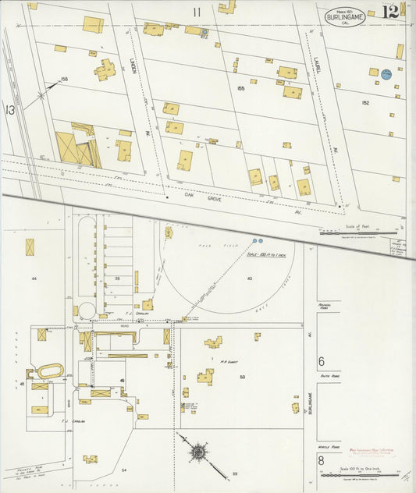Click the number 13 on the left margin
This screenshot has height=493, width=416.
pyautogui.click(x=10, y=110)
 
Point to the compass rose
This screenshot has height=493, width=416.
pyautogui.click(x=200, y=451)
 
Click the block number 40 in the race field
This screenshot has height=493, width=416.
pyautogui.click(x=250, y=278)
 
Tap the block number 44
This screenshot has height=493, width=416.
pyautogui.click(x=34, y=278)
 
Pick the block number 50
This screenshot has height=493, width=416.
pyautogui.click(x=242, y=378)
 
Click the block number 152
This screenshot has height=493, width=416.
pyautogui.click(x=364, y=102)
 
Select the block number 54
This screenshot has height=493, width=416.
pyautogui.click(x=123, y=470)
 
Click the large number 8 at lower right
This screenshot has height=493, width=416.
pyautogui.click(x=321, y=461)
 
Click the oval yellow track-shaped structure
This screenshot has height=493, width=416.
pyautogui.click(x=51, y=372)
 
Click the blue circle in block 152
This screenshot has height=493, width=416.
pyautogui.click(x=385, y=73)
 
